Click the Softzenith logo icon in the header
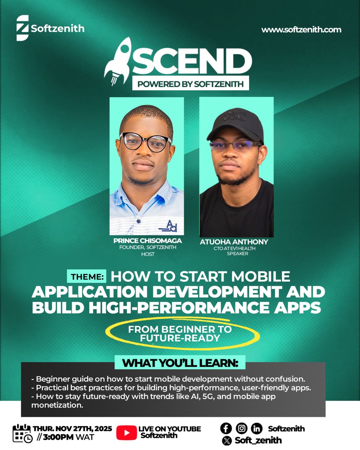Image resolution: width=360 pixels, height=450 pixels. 22,28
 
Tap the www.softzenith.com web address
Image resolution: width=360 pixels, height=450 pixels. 301,30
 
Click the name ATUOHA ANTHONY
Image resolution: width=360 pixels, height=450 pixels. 234,242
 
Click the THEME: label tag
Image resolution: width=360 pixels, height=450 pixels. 87,277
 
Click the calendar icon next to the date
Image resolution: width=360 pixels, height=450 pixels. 22,433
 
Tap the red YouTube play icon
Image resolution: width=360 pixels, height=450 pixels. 126,432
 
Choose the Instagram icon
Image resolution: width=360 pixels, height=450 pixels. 241,428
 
